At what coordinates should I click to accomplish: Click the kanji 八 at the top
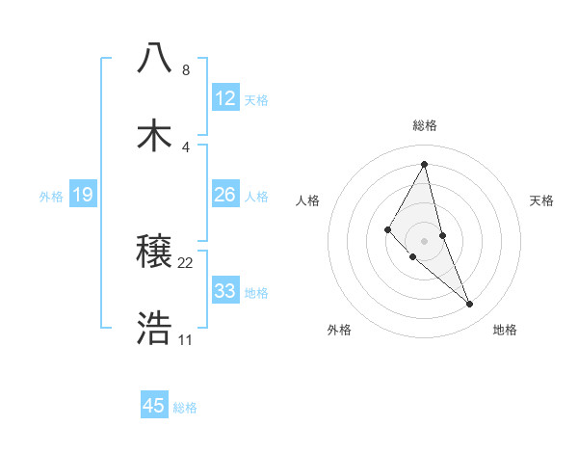pos(155,58)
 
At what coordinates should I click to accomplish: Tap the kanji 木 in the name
pos(155,136)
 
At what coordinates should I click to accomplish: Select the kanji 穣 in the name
pos(155,253)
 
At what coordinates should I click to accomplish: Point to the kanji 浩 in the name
pos(155,329)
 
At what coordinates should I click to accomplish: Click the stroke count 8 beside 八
pos(185,70)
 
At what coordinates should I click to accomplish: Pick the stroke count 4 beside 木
pos(185,147)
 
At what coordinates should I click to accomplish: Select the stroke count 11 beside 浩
pos(186,340)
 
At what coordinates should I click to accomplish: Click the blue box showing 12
pos(224,98)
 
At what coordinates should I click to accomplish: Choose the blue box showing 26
pos(224,195)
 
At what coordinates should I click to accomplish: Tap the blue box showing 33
pos(224,291)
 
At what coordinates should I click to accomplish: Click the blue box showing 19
pos(83,195)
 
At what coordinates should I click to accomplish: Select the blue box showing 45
pos(154,406)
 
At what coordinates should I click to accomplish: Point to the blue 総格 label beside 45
pos(185,408)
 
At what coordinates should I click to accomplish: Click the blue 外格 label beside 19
pos(51,197)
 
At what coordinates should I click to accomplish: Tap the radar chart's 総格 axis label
pos(425,125)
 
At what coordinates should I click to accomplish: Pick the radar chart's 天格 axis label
pos(542,200)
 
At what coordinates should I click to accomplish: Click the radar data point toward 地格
pos(470,305)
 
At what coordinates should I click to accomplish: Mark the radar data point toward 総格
pos(424,164)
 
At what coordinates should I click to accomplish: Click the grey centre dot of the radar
pos(425,240)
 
